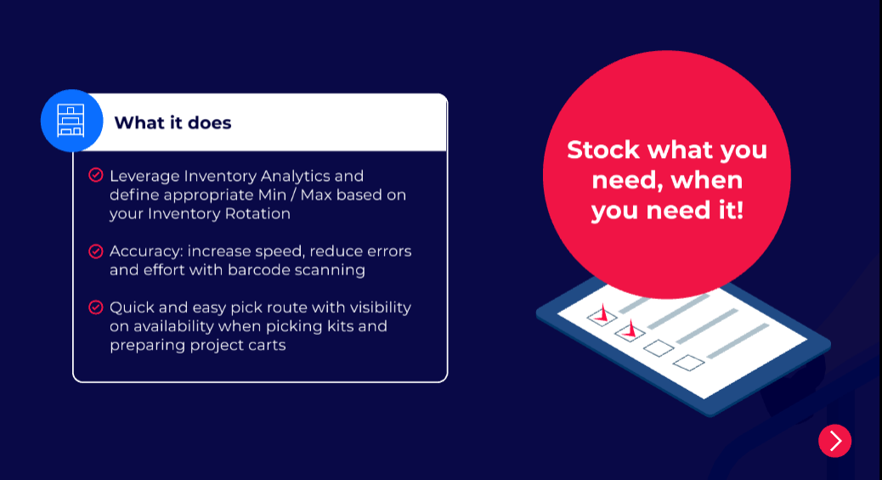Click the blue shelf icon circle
coord(72,121)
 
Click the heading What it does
coord(172,122)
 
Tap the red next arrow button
coord(834,441)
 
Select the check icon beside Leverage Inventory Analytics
coord(96,175)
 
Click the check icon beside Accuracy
coord(96,251)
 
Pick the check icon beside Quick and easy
coord(96,308)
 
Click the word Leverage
coord(144,177)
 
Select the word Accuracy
coord(146,251)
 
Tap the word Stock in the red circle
coord(603,150)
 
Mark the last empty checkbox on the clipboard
coord(688,363)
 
